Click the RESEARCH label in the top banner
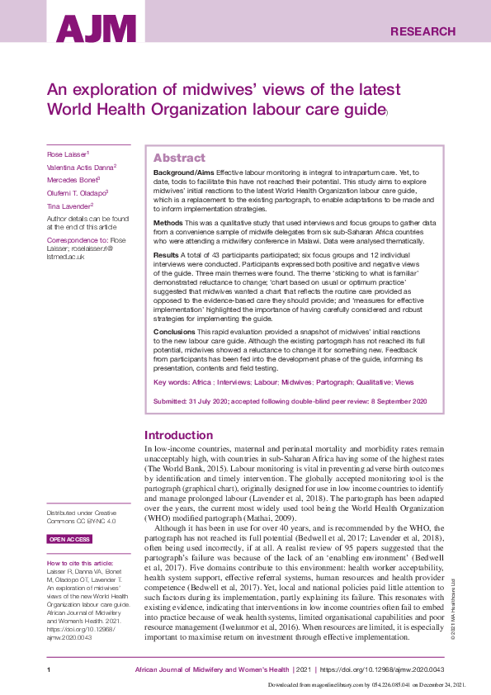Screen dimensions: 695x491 coord(423,32)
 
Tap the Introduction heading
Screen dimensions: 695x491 coord(178,435)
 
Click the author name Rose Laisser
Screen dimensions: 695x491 coord(66,154)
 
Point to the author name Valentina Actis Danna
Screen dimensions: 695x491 coord(80,166)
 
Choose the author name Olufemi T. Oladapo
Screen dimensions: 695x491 coord(76,191)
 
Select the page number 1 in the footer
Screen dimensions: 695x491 coord(50,669)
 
